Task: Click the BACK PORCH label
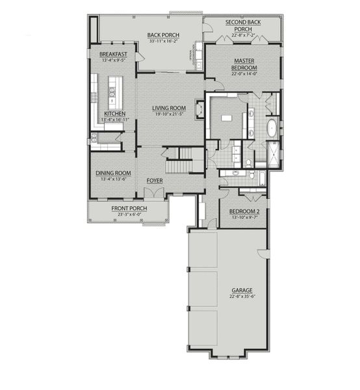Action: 159,35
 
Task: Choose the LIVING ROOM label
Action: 169,108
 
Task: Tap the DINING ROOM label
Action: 114,173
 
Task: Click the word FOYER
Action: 154,181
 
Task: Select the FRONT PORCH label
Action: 129,208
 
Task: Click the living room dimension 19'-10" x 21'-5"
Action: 169,114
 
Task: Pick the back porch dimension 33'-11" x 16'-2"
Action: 159,41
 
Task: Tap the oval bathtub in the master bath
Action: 271,127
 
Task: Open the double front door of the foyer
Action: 154,194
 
